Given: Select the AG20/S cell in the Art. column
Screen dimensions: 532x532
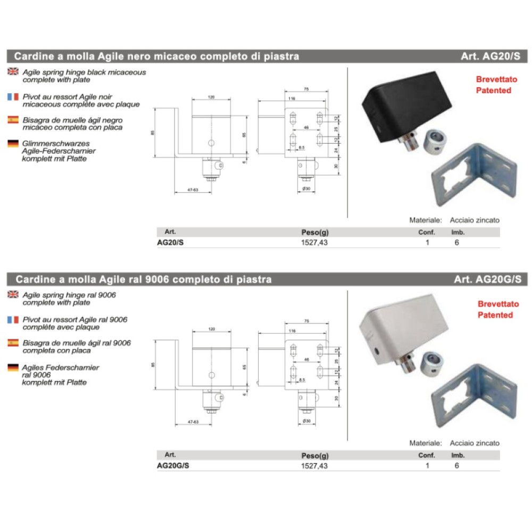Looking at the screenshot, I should click(171, 243).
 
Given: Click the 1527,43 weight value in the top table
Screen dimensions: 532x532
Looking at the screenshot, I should click(315, 243).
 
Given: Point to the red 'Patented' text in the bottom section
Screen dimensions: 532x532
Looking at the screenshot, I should click(495, 315).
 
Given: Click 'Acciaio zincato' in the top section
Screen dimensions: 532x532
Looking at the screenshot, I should click(475, 220).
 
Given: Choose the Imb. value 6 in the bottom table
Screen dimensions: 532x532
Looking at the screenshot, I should click(456, 465).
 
